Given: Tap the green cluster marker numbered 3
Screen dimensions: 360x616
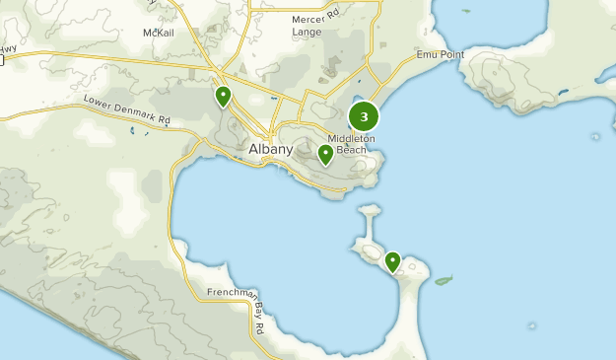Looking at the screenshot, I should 365,117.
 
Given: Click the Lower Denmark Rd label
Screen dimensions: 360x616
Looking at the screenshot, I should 127,109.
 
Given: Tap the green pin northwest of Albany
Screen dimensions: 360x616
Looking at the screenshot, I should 224,96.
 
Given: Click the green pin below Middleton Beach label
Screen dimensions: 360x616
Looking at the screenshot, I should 325,154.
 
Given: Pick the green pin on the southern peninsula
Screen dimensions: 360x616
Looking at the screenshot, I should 392,261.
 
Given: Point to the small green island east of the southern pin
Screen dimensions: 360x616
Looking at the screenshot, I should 443,280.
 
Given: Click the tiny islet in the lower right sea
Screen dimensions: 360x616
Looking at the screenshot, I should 533,325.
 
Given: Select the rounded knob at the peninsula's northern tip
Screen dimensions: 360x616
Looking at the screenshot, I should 370,210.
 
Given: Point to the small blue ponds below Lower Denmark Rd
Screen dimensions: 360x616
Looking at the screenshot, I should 132,129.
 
